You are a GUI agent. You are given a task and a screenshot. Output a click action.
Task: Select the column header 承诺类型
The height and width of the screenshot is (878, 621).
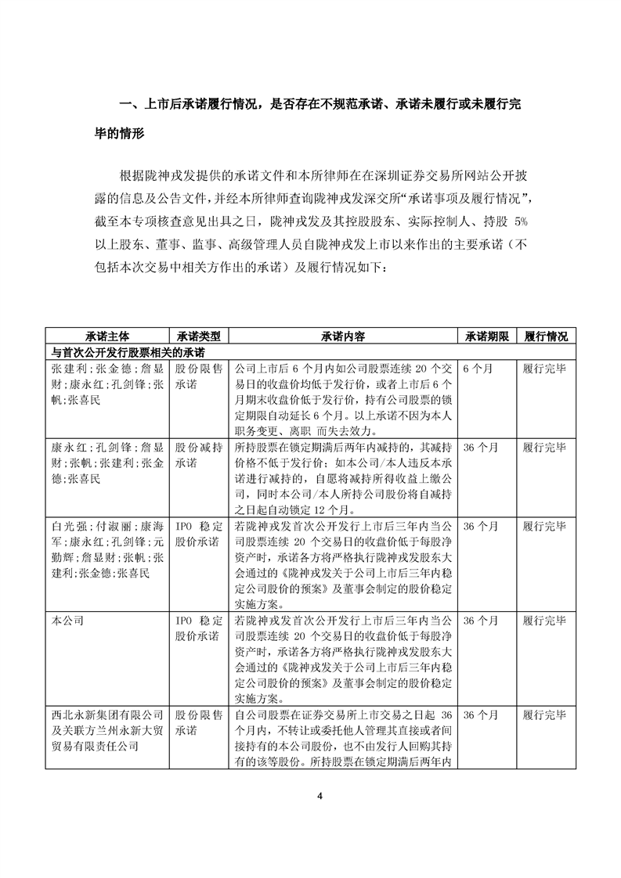198,336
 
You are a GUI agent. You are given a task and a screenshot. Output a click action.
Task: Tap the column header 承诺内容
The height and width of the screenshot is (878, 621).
342,336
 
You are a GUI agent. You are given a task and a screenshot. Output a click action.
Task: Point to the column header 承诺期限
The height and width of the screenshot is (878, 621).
487,336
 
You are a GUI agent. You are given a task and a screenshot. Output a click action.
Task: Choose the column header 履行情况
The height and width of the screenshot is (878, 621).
546,336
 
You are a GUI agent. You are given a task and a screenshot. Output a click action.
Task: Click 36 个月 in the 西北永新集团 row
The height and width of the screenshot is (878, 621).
480,715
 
